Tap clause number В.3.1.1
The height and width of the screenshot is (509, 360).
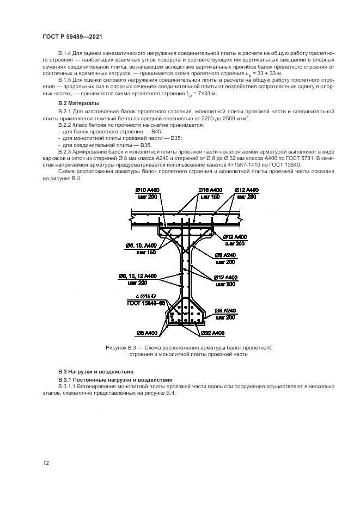coord(66,386)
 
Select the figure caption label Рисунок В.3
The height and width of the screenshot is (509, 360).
coord(124,347)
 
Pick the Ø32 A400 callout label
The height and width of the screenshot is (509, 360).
coord(212,333)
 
